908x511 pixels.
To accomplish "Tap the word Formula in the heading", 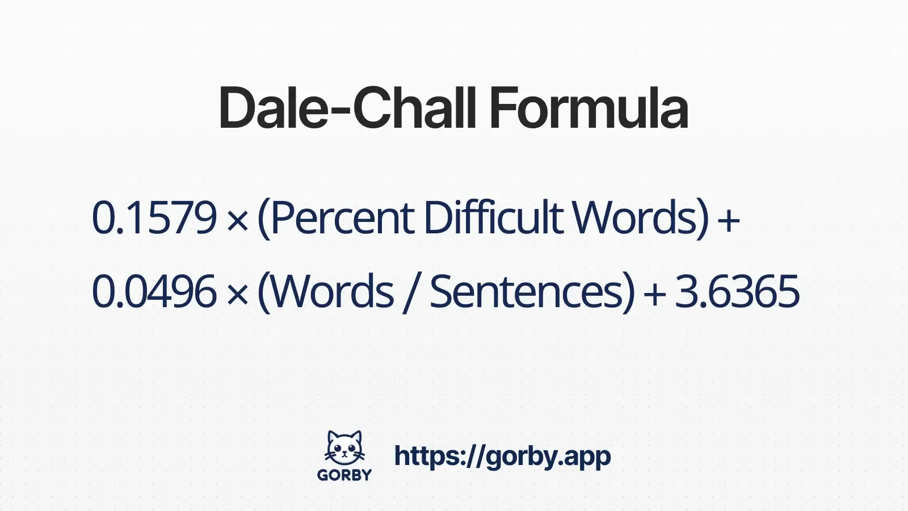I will click(588, 108).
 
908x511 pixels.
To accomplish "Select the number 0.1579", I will click(154, 218).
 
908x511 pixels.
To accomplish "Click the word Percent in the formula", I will click(343, 218).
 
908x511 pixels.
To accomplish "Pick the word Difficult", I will click(493, 218).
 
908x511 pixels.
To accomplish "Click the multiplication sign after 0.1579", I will click(237, 220).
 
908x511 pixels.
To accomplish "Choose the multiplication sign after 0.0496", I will click(237, 294).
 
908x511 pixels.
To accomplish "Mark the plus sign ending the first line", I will click(729, 220).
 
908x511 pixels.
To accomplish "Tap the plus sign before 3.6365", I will click(654, 294).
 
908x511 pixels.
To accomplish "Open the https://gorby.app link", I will click(502, 456).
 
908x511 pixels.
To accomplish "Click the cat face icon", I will click(344, 449).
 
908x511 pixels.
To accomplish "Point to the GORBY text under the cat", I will click(344, 475).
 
